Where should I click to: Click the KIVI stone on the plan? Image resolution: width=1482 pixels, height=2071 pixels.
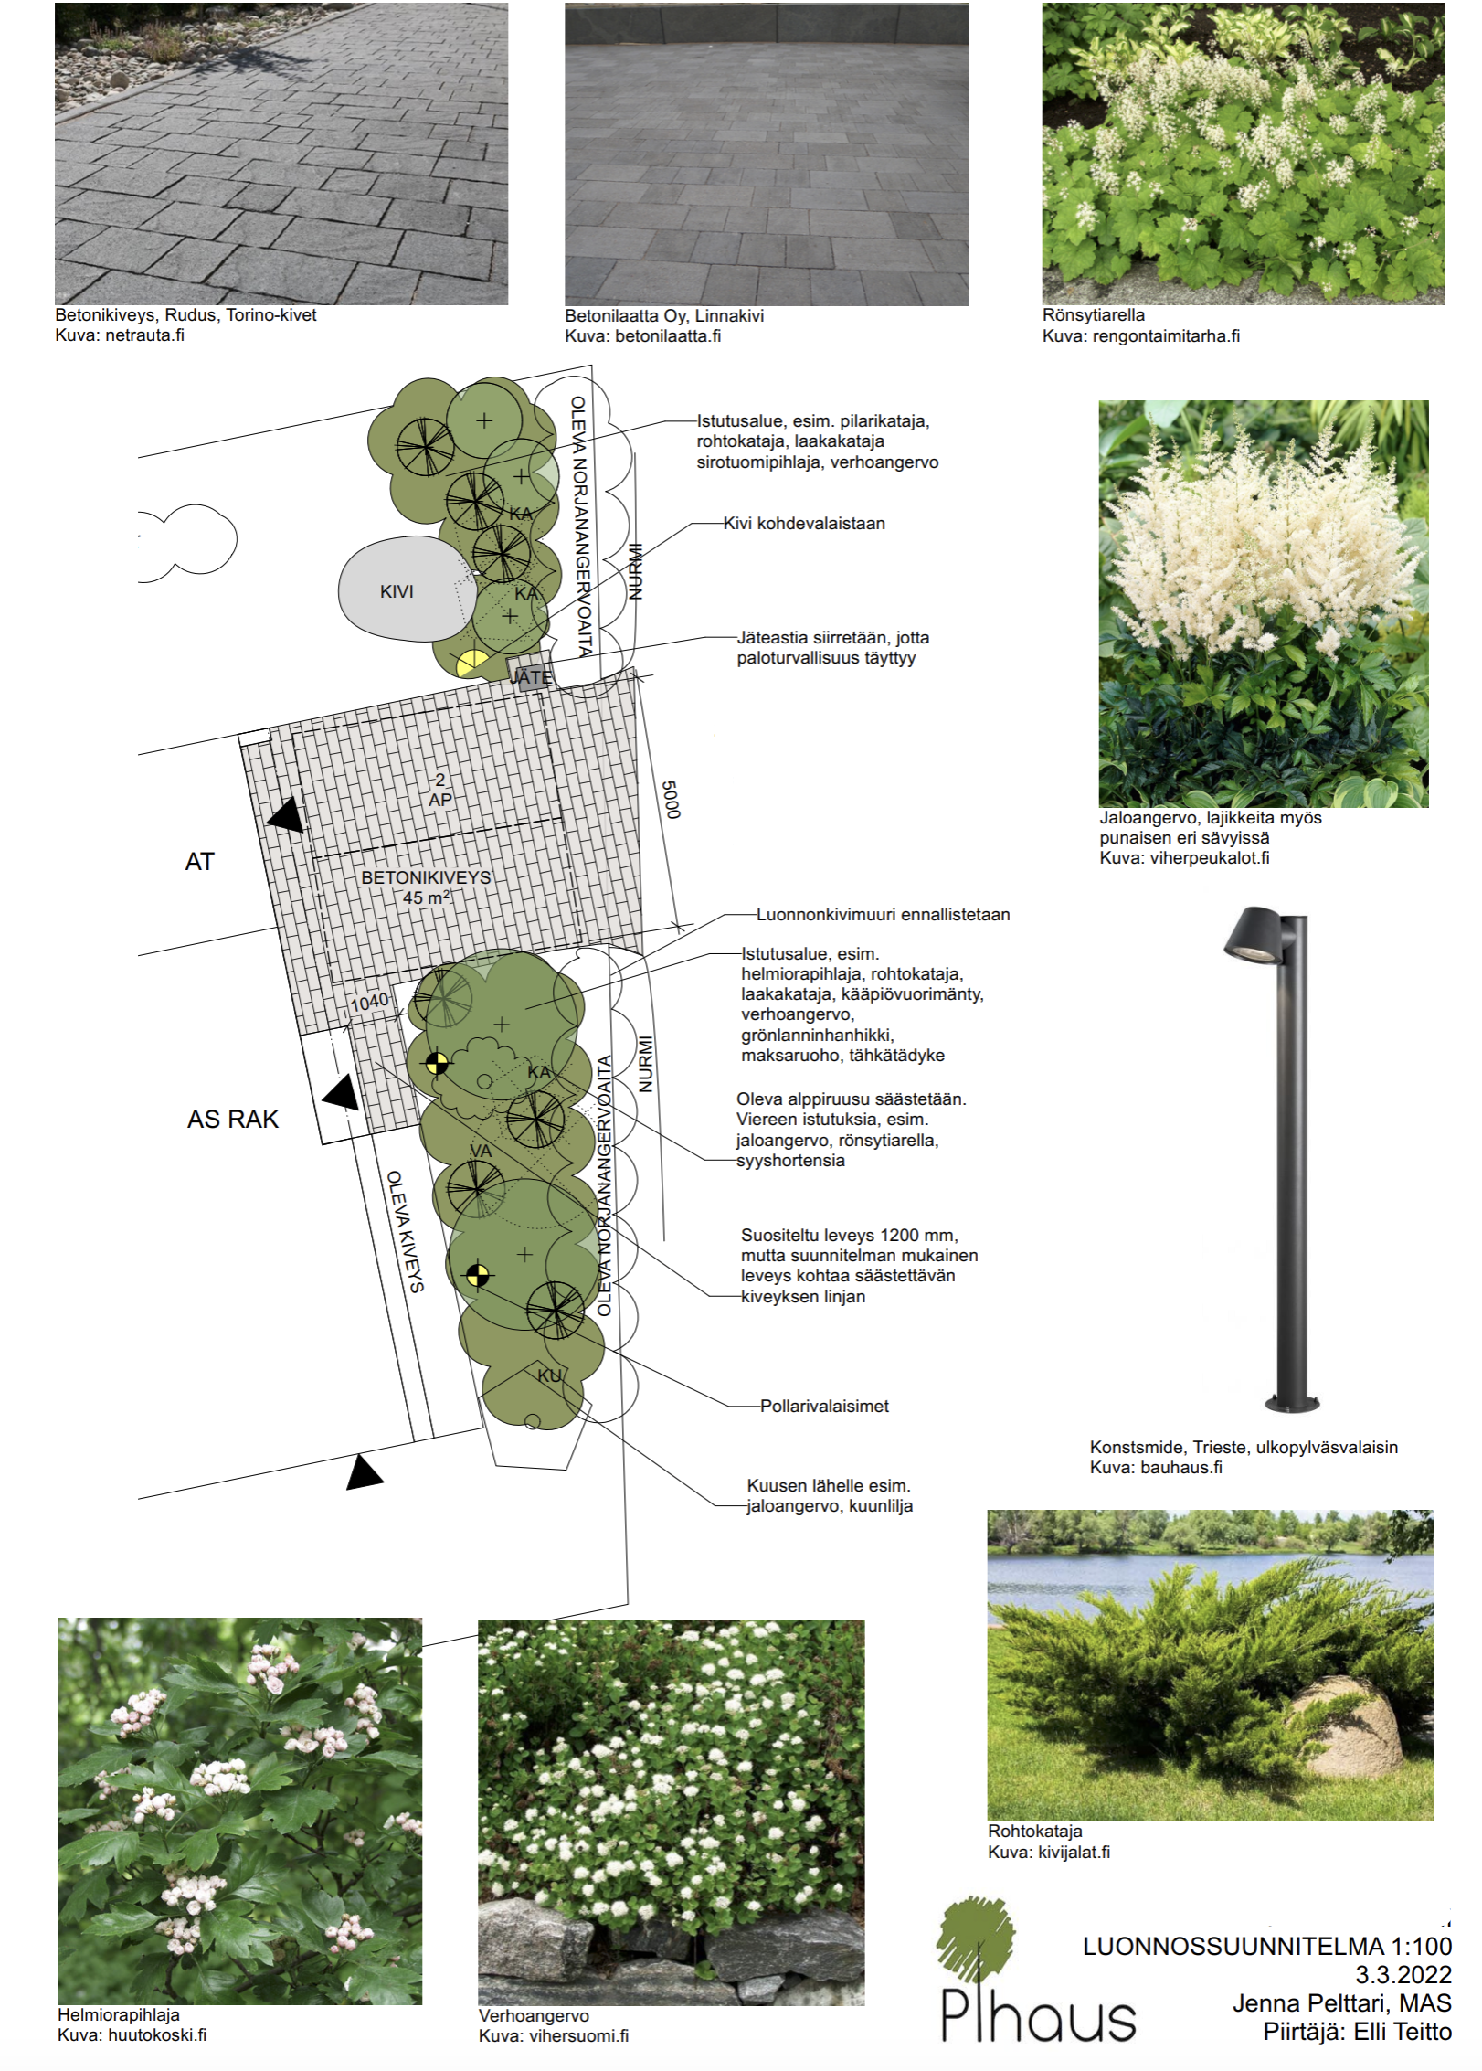[399, 590]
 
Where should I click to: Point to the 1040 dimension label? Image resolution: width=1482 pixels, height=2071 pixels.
[369, 1003]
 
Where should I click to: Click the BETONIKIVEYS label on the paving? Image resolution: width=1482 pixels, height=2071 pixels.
[426, 877]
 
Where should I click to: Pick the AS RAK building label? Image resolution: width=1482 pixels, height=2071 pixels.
[232, 1120]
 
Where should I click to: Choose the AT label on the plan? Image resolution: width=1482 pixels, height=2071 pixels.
[199, 862]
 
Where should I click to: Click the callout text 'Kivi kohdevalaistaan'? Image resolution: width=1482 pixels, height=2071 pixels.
[804, 524]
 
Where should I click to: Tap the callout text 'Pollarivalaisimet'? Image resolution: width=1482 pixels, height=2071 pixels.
[824, 1407]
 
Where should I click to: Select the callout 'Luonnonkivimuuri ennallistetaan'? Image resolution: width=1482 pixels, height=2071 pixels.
[883, 915]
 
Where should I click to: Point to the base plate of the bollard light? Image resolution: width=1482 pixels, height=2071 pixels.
[1292, 1403]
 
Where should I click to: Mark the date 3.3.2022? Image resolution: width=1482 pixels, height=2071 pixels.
[1403, 1975]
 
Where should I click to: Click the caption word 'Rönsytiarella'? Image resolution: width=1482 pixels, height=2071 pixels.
[1093, 315]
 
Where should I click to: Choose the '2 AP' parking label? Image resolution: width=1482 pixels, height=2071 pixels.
[440, 790]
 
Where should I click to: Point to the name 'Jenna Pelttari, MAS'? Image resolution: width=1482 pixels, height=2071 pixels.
[1341, 2003]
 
